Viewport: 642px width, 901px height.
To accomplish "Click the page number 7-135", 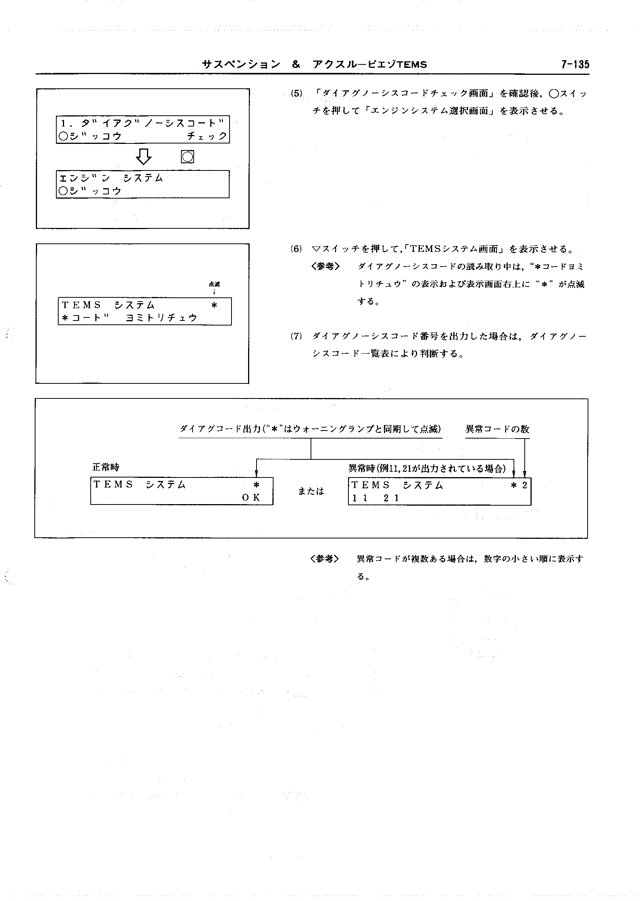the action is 575,64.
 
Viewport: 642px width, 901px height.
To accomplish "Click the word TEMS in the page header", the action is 412,65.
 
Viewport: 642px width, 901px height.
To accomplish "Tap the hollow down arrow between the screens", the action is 144,157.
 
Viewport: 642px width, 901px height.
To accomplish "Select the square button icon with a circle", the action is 188,157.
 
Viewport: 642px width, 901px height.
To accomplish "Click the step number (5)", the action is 296,94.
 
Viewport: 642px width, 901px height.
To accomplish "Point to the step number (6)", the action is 296,249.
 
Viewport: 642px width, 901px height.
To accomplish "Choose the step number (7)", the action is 296,336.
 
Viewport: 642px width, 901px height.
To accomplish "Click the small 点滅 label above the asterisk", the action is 214,284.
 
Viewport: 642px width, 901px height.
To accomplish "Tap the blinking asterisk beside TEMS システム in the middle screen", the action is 214,305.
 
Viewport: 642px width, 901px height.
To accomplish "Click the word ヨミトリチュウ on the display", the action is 161,318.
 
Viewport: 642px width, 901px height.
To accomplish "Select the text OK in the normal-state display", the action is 251,498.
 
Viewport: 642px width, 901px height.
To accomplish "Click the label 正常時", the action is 106,467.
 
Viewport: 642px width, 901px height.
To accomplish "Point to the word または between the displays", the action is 311,491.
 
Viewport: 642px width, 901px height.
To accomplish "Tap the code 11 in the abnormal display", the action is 360,498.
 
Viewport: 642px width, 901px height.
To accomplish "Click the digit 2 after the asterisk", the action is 525,485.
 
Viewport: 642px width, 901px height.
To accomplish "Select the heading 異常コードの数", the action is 497,429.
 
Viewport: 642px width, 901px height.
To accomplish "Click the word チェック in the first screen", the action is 207,136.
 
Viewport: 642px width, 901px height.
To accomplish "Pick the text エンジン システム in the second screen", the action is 111,178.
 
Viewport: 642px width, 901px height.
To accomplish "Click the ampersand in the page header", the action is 296,64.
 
